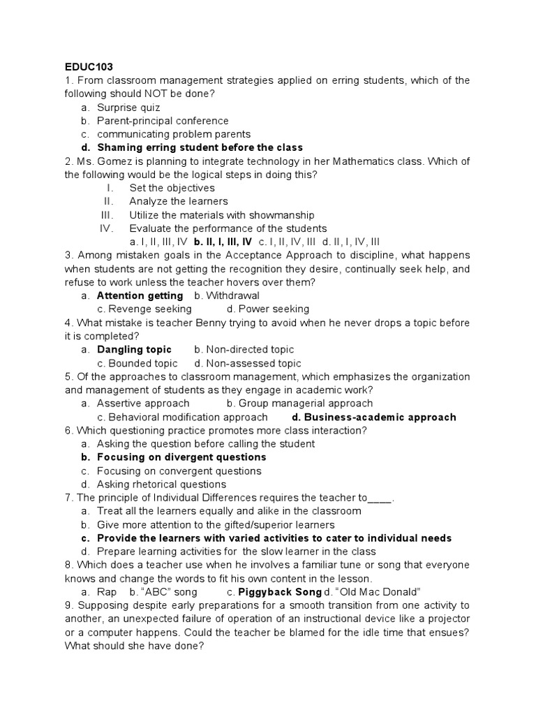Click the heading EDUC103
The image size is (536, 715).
(89, 67)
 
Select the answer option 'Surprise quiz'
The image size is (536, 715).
(128, 108)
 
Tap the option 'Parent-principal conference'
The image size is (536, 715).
(163, 121)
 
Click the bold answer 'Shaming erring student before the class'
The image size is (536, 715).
(200, 147)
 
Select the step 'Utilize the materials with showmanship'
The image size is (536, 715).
(221, 215)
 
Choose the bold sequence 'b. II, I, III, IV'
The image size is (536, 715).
(223, 242)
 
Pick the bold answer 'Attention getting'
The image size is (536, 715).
(140, 295)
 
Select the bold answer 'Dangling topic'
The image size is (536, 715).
(134, 349)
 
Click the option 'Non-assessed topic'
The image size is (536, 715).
(253, 363)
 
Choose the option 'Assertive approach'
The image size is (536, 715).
(143, 403)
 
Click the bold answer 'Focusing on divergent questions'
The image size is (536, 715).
(181, 457)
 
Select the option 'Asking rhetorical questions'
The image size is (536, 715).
(161, 484)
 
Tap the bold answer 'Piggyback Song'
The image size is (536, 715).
(271, 592)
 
